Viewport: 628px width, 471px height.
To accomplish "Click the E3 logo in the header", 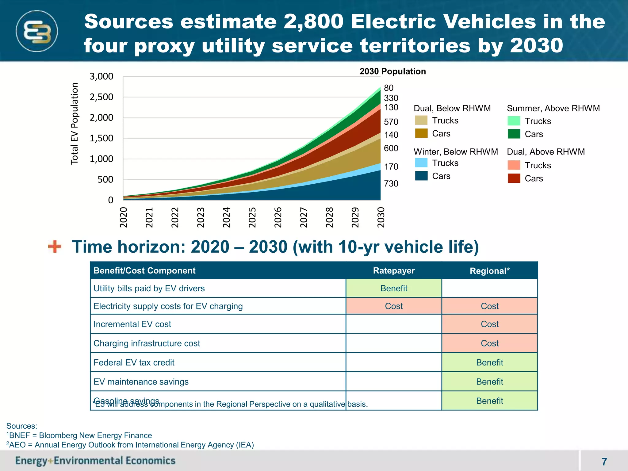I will point(37,31).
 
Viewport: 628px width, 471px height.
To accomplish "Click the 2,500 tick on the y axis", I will point(101,97).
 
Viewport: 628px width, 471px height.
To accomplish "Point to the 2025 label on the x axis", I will point(252,217).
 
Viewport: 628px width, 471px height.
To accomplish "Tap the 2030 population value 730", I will point(391,183).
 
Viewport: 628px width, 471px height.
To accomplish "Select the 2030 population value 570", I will point(391,122).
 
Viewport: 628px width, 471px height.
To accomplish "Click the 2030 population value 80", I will point(389,88).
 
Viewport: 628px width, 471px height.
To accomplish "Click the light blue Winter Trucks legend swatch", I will point(421,163).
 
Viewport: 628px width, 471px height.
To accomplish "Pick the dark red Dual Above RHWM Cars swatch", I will point(514,178).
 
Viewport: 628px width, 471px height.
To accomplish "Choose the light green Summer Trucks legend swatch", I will point(514,121).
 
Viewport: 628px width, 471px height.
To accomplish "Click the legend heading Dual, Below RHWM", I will point(452,108).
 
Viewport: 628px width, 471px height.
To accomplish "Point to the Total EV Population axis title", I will point(75,124).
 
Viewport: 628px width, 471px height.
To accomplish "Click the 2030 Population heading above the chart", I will point(392,71).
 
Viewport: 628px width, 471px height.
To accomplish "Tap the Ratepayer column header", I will point(394,270).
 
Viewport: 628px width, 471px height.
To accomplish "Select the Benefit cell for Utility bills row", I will point(394,288).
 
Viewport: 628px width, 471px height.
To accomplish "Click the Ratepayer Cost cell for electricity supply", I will point(394,306).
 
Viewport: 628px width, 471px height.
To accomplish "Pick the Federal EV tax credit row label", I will point(134,362).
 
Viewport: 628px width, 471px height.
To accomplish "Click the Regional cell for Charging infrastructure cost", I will point(489,343).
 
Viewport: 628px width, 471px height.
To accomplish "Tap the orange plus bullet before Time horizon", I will point(55,247).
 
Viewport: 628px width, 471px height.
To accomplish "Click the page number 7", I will point(604,461).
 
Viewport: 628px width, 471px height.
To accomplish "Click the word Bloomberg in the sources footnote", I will point(58,435).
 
